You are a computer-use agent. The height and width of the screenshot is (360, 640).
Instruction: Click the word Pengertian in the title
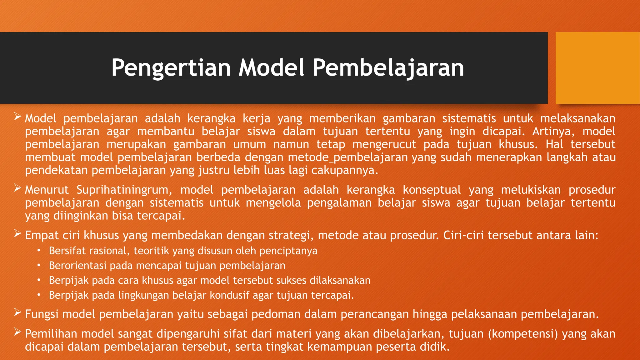[x=171, y=68]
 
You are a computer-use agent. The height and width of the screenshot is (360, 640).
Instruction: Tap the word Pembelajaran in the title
[x=388, y=68]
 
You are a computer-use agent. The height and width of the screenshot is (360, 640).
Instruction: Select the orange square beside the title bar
[x=597, y=68]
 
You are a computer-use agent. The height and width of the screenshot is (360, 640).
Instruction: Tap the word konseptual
[x=432, y=190]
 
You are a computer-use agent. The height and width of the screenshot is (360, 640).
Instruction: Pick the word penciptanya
[x=288, y=251]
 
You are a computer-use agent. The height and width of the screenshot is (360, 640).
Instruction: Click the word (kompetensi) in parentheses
[x=523, y=334]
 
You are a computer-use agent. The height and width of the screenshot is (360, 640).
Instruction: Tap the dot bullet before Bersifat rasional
[x=39, y=251]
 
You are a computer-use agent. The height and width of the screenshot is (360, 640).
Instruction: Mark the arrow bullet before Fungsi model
[x=17, y=312]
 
